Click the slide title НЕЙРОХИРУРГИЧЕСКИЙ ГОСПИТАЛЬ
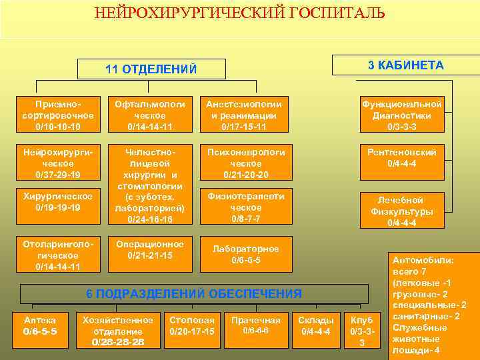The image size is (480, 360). [239, 13]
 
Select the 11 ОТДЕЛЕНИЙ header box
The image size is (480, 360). [151, 69]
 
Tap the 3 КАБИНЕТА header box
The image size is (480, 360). [405, 65]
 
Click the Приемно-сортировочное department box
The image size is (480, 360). [57, 115]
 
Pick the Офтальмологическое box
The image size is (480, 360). [149, 115]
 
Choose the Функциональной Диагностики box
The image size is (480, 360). [401, 115]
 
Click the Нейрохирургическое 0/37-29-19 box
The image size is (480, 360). [57, 163]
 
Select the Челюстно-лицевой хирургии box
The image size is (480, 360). [149, 185]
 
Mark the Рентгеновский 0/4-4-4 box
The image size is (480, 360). [401, 157]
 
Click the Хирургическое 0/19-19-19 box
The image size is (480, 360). [57, 202]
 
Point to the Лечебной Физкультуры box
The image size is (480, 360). [401, 211]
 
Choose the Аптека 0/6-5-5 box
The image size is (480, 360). [40, 325]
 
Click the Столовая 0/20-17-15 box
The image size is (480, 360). [192, 325]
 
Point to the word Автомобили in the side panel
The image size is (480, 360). [423, 261]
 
